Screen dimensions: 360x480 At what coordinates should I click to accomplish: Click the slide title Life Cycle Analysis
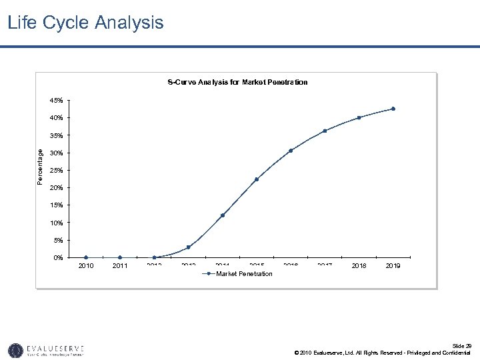(x=85, y=23)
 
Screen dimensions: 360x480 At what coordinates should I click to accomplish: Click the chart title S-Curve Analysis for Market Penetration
(x=237, y=82)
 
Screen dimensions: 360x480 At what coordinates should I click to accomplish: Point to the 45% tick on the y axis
(x=57, y=101)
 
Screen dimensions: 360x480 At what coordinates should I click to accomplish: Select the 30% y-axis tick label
(x=57, y=153)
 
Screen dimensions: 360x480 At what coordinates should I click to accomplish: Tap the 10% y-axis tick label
(x=57, y=223)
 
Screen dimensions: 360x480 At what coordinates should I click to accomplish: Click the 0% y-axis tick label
(x=58, y=257)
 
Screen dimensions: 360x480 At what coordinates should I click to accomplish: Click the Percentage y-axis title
(x=40, y=167)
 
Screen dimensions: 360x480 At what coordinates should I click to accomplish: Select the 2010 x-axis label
(x=86, y=266)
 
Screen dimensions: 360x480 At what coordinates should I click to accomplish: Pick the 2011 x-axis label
(x=120, y=266)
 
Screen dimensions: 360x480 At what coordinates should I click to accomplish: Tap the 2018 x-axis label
(x=359, y=266)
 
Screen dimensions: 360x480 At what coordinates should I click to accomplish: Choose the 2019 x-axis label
(x=393, y=266)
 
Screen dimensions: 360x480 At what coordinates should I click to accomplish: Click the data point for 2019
(x=393, y=109)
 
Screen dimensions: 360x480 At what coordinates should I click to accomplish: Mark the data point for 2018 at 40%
(x=359, y=117)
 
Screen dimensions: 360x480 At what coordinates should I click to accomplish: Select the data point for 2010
(x=86, y=257)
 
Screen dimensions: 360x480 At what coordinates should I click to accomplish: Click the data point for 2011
(x=120, y=257)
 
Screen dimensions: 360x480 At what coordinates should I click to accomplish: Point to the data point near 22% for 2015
(x=257, y=179)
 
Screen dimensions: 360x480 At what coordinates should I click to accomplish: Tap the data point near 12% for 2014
(x=223, y=215)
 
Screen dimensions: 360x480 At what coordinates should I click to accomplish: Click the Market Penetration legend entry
(x=244, y=274)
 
